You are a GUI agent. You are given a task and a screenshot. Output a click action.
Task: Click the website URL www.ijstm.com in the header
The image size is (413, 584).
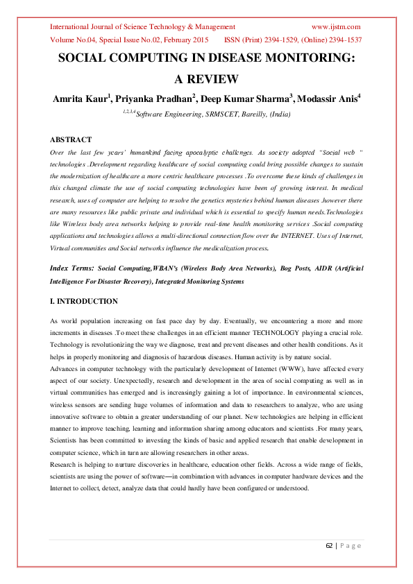(x=336, y=26)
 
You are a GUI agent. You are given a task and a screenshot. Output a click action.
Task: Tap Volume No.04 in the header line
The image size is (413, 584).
(x=74, y=40)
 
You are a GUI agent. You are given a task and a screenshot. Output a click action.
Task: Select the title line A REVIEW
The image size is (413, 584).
(x=206, y=79)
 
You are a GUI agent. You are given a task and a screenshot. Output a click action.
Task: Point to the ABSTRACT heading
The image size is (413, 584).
(x=72, y=139)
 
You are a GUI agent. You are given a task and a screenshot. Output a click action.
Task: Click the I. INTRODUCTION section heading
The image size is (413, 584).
(x=84, y=302)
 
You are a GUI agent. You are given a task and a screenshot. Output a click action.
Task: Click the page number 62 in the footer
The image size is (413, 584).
(x=330, y=546)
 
